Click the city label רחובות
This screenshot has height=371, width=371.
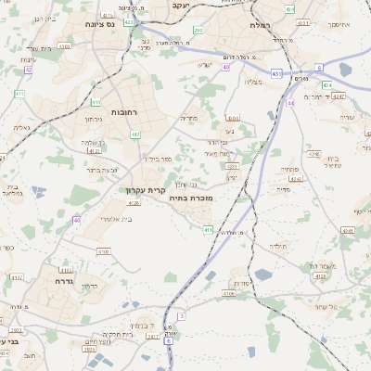coord(124,111)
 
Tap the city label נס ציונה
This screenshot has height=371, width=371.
coord(100,24)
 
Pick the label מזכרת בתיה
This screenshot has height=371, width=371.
coord(193,198)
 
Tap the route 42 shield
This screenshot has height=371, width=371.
coord(29,70)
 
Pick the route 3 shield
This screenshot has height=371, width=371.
coord(182,316)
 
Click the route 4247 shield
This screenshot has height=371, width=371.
coord(339,96)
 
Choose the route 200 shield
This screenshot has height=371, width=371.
coord(198,31)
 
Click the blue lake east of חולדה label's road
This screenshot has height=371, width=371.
coord(263,275)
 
